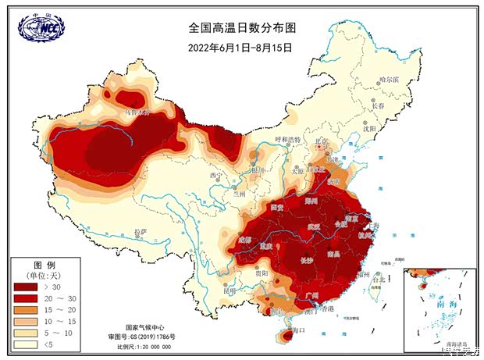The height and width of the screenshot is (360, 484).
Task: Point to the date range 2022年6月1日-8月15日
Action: pos(240,47)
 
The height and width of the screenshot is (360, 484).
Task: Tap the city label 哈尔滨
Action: pos(388,80)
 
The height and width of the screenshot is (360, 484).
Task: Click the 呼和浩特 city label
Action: pos(286,140)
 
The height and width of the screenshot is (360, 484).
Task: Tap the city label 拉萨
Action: pos(141,232)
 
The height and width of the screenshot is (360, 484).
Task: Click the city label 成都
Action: pos(247,238)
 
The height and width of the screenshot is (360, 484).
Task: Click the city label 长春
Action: pos(378,105)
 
